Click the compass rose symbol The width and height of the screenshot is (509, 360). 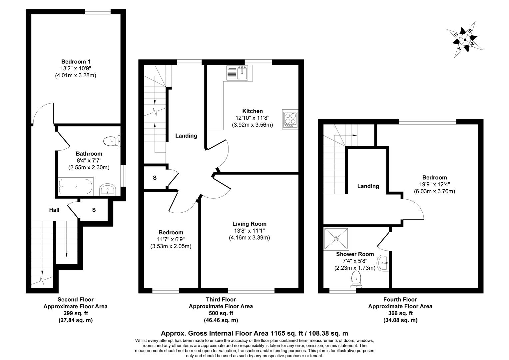click(464, 40)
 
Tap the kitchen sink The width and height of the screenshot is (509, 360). click(237, 73)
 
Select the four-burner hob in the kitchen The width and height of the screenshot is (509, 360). click(289, 119)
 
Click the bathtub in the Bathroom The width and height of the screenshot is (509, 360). click(76, 187)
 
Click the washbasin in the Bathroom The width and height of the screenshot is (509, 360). click(107, 189)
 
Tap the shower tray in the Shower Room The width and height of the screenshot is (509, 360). click(336, 238)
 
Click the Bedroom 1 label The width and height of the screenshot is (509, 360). click(76, 62)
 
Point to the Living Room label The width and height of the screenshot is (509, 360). click(249, 224)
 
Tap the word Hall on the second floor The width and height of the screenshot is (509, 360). click(54, 210)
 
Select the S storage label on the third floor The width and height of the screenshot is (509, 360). click(155, 178)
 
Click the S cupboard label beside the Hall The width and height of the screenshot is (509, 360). click(94, 210)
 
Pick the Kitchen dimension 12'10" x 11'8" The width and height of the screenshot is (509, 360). click(252, 118)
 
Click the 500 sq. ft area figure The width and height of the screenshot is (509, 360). click(221, 313)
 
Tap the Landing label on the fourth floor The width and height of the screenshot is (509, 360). click(368, 186)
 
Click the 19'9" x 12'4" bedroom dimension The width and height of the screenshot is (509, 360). click(434, 184)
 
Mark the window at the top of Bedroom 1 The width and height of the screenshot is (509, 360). click(98, 11)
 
